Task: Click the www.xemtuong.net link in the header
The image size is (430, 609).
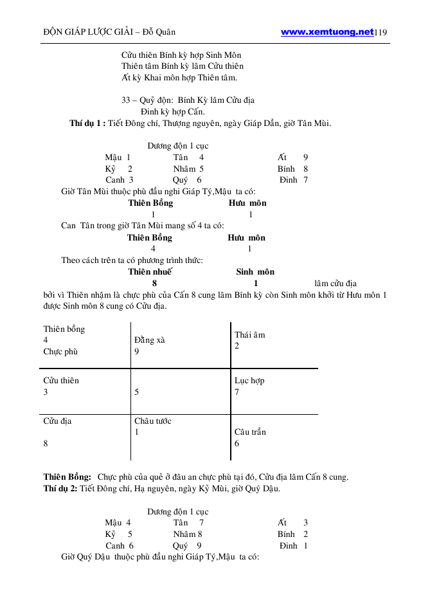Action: click(x=327, y=31)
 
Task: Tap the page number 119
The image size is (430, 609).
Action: click(x=381, y=32)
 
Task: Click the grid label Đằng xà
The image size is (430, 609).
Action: click(x=149, y=340)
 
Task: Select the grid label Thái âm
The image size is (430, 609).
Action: click(x=250, y=334)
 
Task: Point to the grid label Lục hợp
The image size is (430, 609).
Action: click(x=249, y=380)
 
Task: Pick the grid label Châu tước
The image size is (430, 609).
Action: click(x=153, y=421)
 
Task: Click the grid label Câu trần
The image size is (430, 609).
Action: click(x=250, y=432)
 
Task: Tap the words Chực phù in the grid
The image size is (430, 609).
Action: click(x=61, y=352)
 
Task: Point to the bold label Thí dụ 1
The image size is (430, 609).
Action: click(x=87, y=123)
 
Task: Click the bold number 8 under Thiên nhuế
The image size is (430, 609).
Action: click(x=154, y=283)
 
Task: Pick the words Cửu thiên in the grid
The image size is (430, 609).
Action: click(x=61, y=380)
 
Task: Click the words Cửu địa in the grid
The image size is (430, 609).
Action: click(x=58, y=421)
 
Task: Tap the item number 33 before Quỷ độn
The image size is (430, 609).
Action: click(x=126, y=100)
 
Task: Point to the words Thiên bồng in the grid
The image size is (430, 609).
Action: click(x=64, y=329)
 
